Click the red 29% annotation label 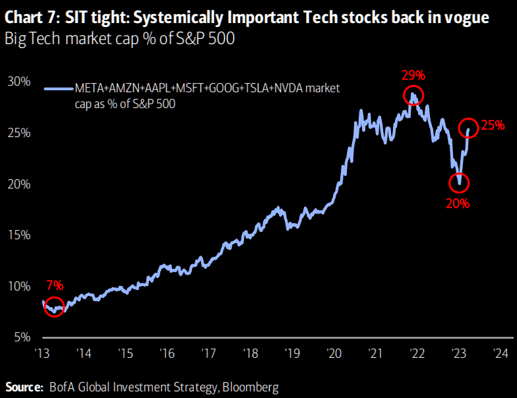[x=413, y=75]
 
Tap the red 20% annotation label [x=458, y=204]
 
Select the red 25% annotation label [x=493, y=125]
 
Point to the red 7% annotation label [x=55, y=285]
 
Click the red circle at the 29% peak [x=413, y=95]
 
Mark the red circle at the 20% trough [x=459, y=183]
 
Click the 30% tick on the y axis [x=18, y=82]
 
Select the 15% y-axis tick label [x=18, y=235]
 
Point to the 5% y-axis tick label [x=21, y=337]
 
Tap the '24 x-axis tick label [x=500, y=353]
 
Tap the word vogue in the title [x=468, y=18]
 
